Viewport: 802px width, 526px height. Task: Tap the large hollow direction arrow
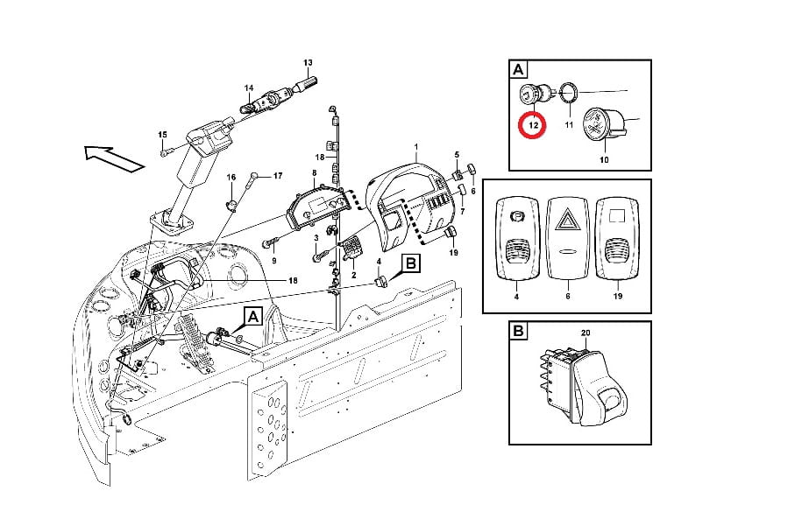coord(114,158)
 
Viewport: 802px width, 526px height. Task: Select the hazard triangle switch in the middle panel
coord(567,239)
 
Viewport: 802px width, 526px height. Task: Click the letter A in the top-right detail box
coord(518,69)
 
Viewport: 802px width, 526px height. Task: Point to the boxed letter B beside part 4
coord(411,263)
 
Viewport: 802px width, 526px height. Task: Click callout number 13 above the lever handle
coord(308,63)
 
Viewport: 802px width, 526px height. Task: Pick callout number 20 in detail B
coord(586,333)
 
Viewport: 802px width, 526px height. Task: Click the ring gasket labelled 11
coord(569,93)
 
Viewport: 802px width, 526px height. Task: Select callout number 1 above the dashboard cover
coord(415,147)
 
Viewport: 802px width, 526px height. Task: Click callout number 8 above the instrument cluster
coord(314,173)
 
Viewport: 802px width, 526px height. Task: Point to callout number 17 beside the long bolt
coord(277,176)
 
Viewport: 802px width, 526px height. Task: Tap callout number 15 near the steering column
coord(162,134)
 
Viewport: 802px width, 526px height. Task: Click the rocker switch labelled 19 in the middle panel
coord(617,238)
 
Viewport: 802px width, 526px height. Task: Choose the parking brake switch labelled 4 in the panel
coord(516,238)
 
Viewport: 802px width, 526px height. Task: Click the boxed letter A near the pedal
coord(253,317)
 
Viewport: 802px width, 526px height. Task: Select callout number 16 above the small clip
coord(231,177)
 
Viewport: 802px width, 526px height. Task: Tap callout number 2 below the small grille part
coord(353,276)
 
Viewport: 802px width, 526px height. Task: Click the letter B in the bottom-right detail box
coord(518,331)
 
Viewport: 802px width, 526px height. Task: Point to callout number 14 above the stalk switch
coord(249,88)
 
